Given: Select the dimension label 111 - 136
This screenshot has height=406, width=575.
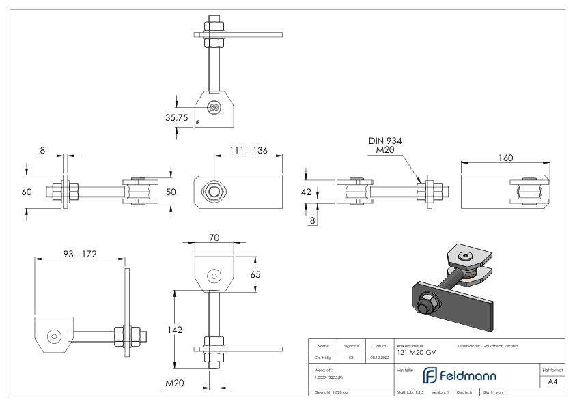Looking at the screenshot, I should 249,150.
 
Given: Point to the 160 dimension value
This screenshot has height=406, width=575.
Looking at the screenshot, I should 506,158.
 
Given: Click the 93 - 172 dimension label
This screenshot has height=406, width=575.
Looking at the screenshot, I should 79,254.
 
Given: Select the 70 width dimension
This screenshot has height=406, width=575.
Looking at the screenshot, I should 214,239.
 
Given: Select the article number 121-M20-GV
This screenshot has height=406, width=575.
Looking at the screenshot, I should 416,352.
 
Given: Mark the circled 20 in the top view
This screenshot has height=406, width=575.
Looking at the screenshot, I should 214,107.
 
